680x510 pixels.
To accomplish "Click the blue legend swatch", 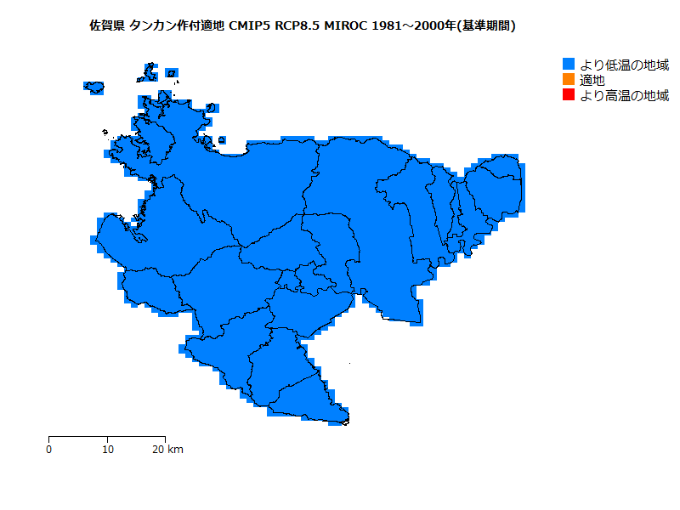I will pyautogui.click(x=569, y=65).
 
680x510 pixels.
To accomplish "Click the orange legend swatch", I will pyautogui.click(x=569, y=80).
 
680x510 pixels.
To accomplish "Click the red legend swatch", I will pyautogui.click(x=569, y=95).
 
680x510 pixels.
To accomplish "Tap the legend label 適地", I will pyautogui.click(x=592, y=80).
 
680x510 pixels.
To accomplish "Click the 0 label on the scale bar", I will pyautogui.click(x=48, y=449).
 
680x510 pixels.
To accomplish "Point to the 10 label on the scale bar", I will pyautogui.click(x=108, y=449).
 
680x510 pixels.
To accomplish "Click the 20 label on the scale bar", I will pyautogui.click(x=158, y=449).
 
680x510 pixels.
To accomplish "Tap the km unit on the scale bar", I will pyautogui.click(x=175, y=449).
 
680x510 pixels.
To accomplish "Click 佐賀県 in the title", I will pyautogui.click(x=107, y=26).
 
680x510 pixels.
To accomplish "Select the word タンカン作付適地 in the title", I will pyautogui.click(x=178, y=26).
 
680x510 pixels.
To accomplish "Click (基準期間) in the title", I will pyautogui.click(x=487, y=26).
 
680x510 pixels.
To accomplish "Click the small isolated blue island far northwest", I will pyautogui.click(x=94, y=87).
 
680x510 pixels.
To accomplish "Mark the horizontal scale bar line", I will pyautogui.click(x=106, y=436).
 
